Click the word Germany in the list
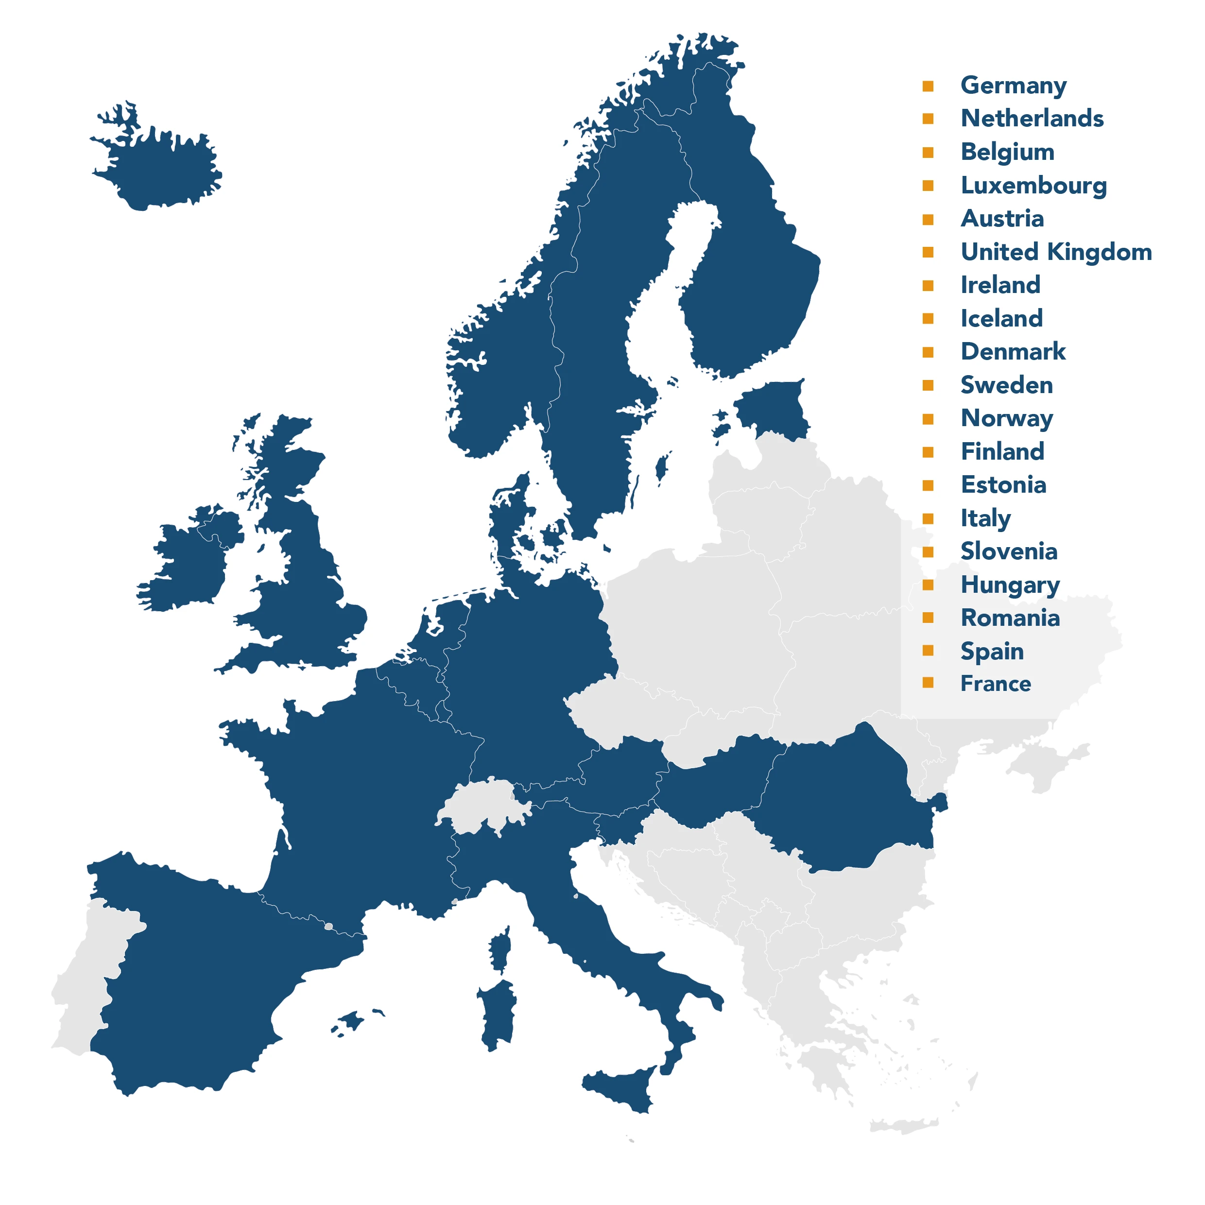coord(1013,86)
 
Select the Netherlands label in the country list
coord(1032,119)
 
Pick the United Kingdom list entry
coord(1056,252)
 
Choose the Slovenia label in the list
coord(1009,551)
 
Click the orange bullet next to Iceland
coord(928,319)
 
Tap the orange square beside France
coord(928,683)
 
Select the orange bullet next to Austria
coord(928,219)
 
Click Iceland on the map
coord(162,169)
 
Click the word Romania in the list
coord(1010,618)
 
